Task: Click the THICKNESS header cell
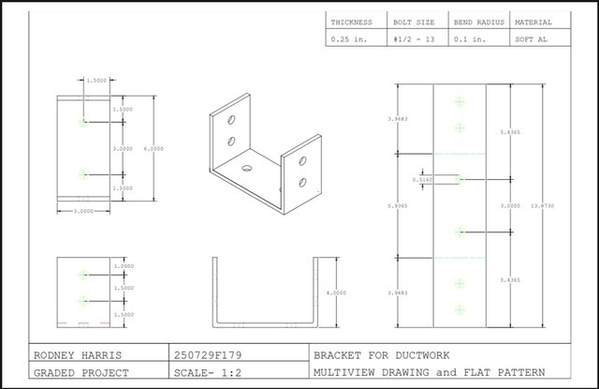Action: (x=351, y=22)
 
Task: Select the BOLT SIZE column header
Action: (x=413, y=22)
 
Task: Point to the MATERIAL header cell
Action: (x=533, y=22)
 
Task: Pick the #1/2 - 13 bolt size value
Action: (x=414, y=39)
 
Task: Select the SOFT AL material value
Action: (x=531, y=39)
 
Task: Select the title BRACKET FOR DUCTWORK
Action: (x=382, y=355)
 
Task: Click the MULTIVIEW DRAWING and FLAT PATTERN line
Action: (x=416, y=374)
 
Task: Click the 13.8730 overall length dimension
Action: (x=542, y=205)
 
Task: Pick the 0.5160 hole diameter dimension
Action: (x=423, y=178)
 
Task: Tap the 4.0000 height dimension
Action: (x=333, y=292)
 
